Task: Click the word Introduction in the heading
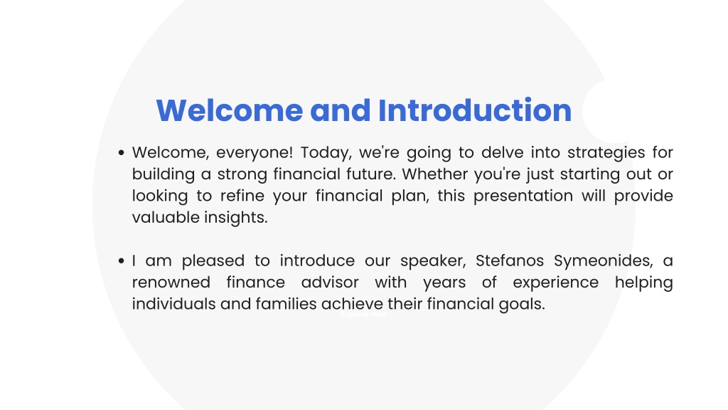tap(474, 110)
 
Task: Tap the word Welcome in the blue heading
tap(230, 110)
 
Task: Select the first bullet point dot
tap(122, 152)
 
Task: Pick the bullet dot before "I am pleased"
tap(122, 261)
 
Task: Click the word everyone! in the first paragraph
tap(255, 153)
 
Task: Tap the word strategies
tap(606, 153)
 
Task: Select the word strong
tap(242, 175)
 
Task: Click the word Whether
tap(435, 174)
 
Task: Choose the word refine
tap(242, 196)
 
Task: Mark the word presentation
tap(523, 196)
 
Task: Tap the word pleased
tap(213, 261)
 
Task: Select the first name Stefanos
tap(510, 261)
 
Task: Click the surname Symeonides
tap(604, 261)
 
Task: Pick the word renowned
tap(171, 283)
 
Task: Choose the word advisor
tap(330, 282)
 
